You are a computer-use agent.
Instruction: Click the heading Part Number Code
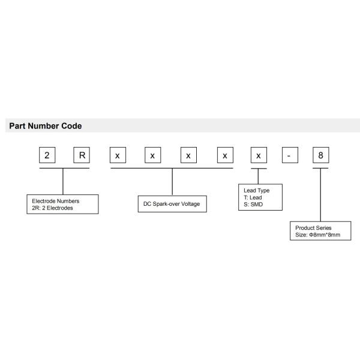click(x=45, y=126)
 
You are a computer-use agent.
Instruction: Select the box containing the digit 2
click(x=47, y=155)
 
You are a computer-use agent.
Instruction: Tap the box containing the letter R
click(x=82, y=155)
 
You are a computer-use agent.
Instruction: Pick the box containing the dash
click(x=289, y=155)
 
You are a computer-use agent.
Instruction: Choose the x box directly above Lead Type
click(x=258, y=155)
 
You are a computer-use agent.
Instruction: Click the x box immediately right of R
click(x=118, y=155)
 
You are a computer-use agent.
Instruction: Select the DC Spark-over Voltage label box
click(x=172, y=205)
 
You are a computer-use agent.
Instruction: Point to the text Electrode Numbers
click(x=56, y=200)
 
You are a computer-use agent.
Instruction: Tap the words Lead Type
click(x=253, y=191)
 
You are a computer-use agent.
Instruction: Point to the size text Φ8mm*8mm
click(x=324, y=235)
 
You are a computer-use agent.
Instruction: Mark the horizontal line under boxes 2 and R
click(x=64, y=169)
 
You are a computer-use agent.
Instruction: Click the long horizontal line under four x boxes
click(x=172, y=169)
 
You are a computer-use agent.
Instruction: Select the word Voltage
click(x=194, y=205)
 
